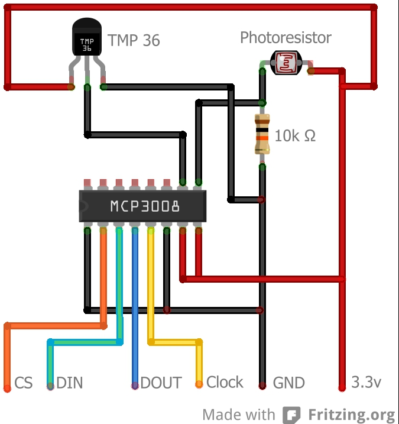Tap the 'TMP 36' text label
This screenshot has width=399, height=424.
pyautogui.click(x=134, y=41)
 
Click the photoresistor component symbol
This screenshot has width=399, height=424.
pyautogui.click(x=286, y=63)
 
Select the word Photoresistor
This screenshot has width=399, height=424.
pyautogui.click(x=286, y=38)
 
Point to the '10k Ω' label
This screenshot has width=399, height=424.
pyautogui.click(x=295, y=135)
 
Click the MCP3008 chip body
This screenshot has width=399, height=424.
pyautogui.click(x=143, y=206)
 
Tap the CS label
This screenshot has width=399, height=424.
pyautogui.click(x=24, y=383)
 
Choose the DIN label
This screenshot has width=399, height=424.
pyautogui.click(x=70, y=383)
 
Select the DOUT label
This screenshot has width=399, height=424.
pyautogui.click(x=161, y=383)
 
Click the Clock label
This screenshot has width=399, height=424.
pyautogui.click(x=225, y=382)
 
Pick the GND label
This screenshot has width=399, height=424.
pyautogui.click(x=288, y=383)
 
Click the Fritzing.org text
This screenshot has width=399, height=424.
pyautogui.click(x=349, y=414)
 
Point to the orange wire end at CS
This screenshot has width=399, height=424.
pyautogui.click(x=7, y=387)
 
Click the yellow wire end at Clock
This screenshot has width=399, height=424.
pyautogui.click(x=199, y=384)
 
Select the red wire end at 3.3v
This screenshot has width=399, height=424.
pyautogui.click(x=342, y=387)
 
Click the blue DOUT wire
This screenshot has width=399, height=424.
pyautogui.click(x=135, y=308)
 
